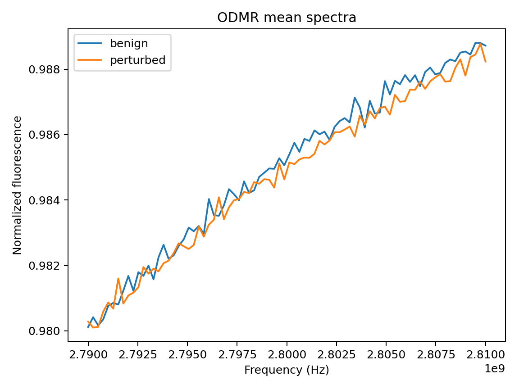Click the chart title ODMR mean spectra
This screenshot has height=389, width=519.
tap(287, 18)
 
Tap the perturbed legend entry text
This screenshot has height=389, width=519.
tap(141, 60)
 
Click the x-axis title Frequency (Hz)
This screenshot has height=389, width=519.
tap(287, 370)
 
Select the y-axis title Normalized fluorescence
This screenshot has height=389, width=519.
tap(17, 185)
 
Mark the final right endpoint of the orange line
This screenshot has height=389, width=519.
tap(485, 62)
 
